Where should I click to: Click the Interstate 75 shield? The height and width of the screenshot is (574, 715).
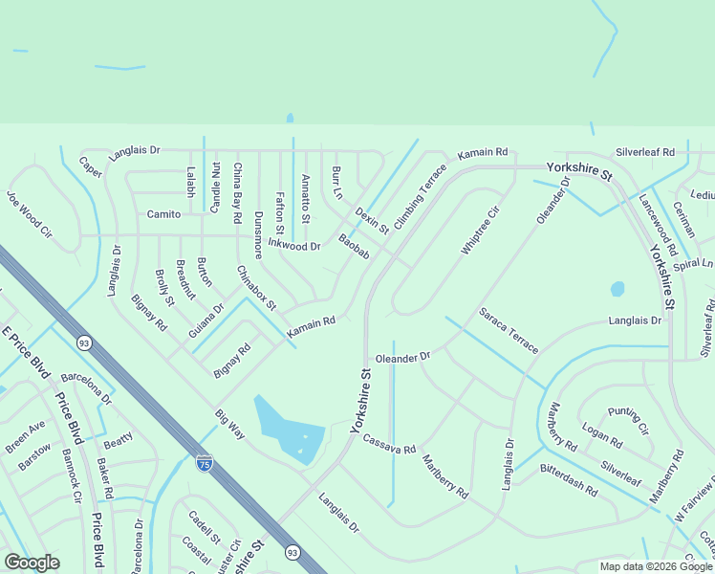[x=205, y=462]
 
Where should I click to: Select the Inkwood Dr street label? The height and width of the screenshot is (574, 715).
[x=294, y=244]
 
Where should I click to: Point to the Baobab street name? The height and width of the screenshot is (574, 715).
[x=354, y=247]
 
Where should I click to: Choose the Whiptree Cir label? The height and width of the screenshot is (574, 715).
[x=481, y=230]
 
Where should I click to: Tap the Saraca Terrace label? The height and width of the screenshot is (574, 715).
[x=509, y=329]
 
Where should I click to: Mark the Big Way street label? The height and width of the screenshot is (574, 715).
[x=229, y=424]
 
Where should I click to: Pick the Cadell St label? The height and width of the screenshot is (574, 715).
[x=204, y=525]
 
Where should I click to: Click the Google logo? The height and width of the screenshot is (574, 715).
[x=32, y=563]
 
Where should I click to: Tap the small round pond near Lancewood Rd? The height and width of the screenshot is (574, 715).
[x=617, y=288]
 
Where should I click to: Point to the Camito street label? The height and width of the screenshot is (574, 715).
[x=164, y=214]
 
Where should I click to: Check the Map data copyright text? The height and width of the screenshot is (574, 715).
[x=655, y=566]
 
